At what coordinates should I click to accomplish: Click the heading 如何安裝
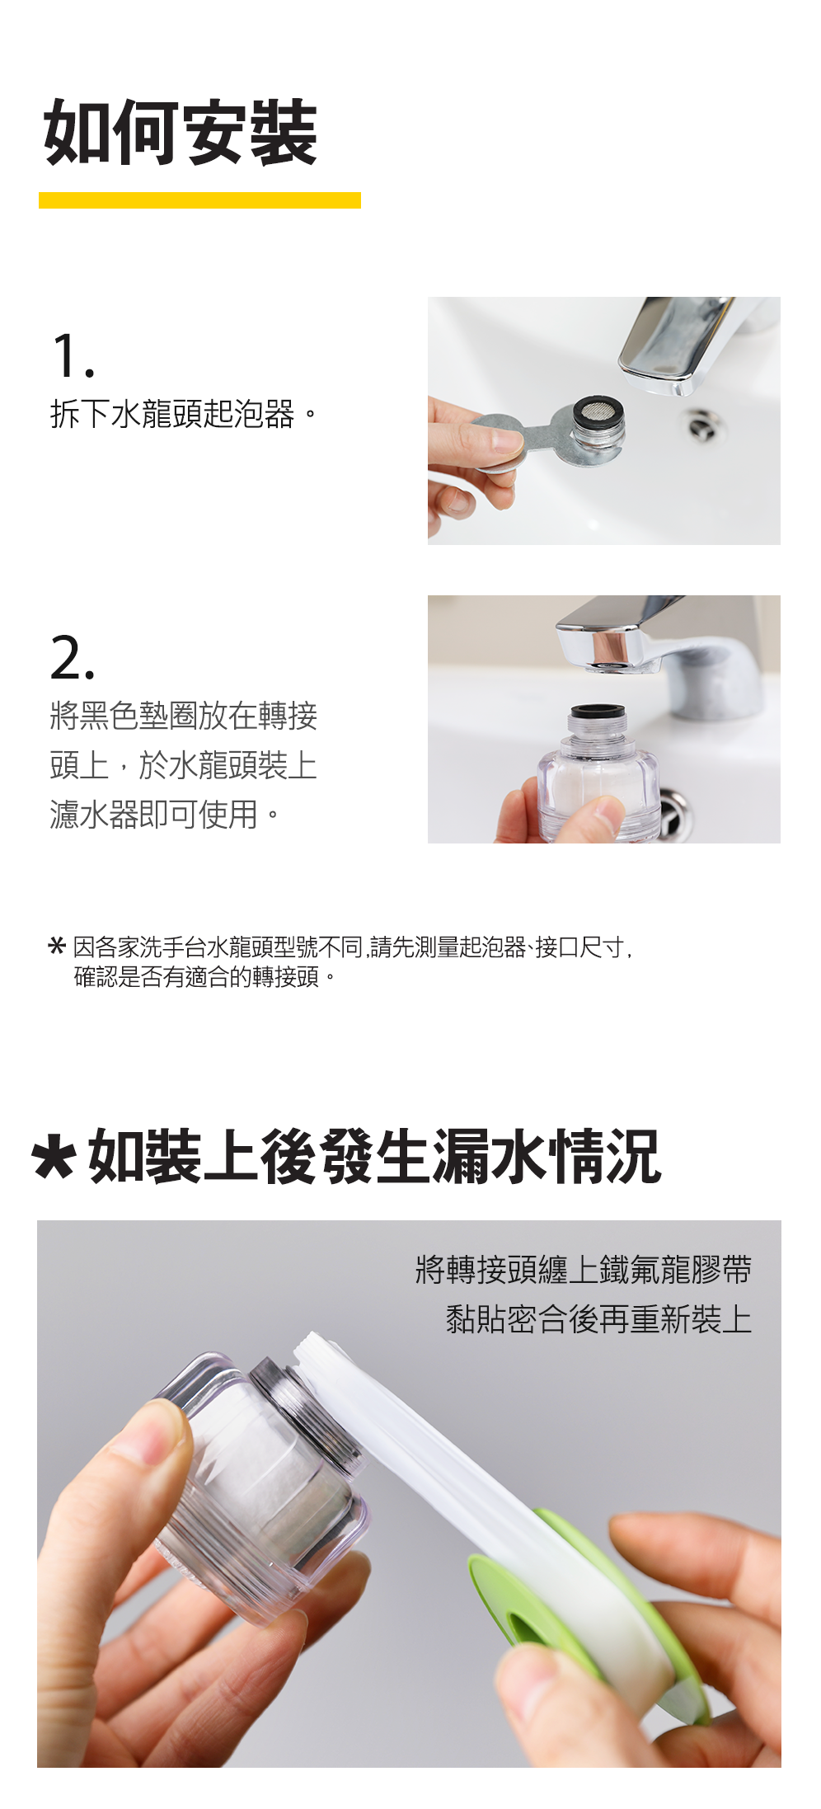(x=181, y=133)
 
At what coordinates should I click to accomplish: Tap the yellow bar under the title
(x=199, y=200)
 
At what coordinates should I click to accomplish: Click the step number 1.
(x=73, y=356)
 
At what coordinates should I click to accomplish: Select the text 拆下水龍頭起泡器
(x=172, y=414)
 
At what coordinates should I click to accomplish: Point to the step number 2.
(x=73, y=658)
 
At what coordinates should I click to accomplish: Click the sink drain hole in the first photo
(x=706, y=425)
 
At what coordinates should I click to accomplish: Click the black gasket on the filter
(x=597, y=712)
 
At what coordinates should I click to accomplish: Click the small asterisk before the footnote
(x=57, y=946)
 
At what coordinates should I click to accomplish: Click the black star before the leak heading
(x=54, y=1158)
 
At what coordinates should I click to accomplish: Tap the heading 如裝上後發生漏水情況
(x=374, y=1157)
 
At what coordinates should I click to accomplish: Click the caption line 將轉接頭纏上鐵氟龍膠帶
(x=584, y=1269)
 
